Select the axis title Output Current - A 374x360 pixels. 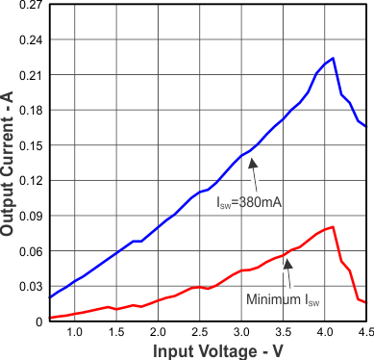point(9,164)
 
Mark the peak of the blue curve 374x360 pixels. point(333,59)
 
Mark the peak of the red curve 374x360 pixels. point(333,227)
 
